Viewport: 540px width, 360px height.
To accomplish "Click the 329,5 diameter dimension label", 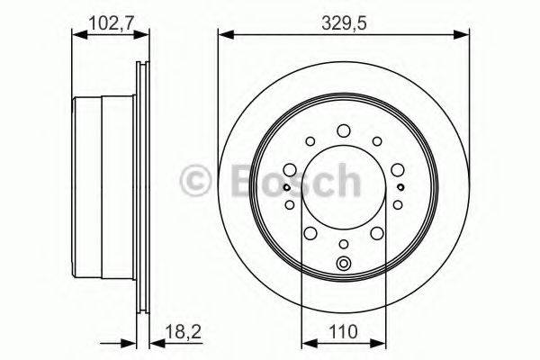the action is pyautogui.click(x=344, y=23).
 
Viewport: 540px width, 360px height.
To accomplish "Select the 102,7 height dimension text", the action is pyautogui.click(x=111, y=23).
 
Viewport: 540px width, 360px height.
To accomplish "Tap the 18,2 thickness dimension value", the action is pyautogui.click(x=183, y=332).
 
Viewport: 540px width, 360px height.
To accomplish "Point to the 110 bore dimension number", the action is pyautogui.click(x=344, y=332).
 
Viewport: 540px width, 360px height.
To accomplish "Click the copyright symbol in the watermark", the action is pyautogui.click(x=195, y=180).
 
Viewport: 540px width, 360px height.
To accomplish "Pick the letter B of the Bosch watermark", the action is pyautogui.click(x=246, y=180).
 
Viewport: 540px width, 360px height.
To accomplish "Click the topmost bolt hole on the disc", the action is pyautogui.click(x=344, y=130).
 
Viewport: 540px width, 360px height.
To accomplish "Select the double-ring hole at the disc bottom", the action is pyautogui.click(x=344, y=264).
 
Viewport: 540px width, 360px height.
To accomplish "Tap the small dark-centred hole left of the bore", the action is pyautogui.click(x=286, y=187).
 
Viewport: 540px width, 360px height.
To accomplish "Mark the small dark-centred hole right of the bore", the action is pyautogui.click(x=400, y=187).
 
